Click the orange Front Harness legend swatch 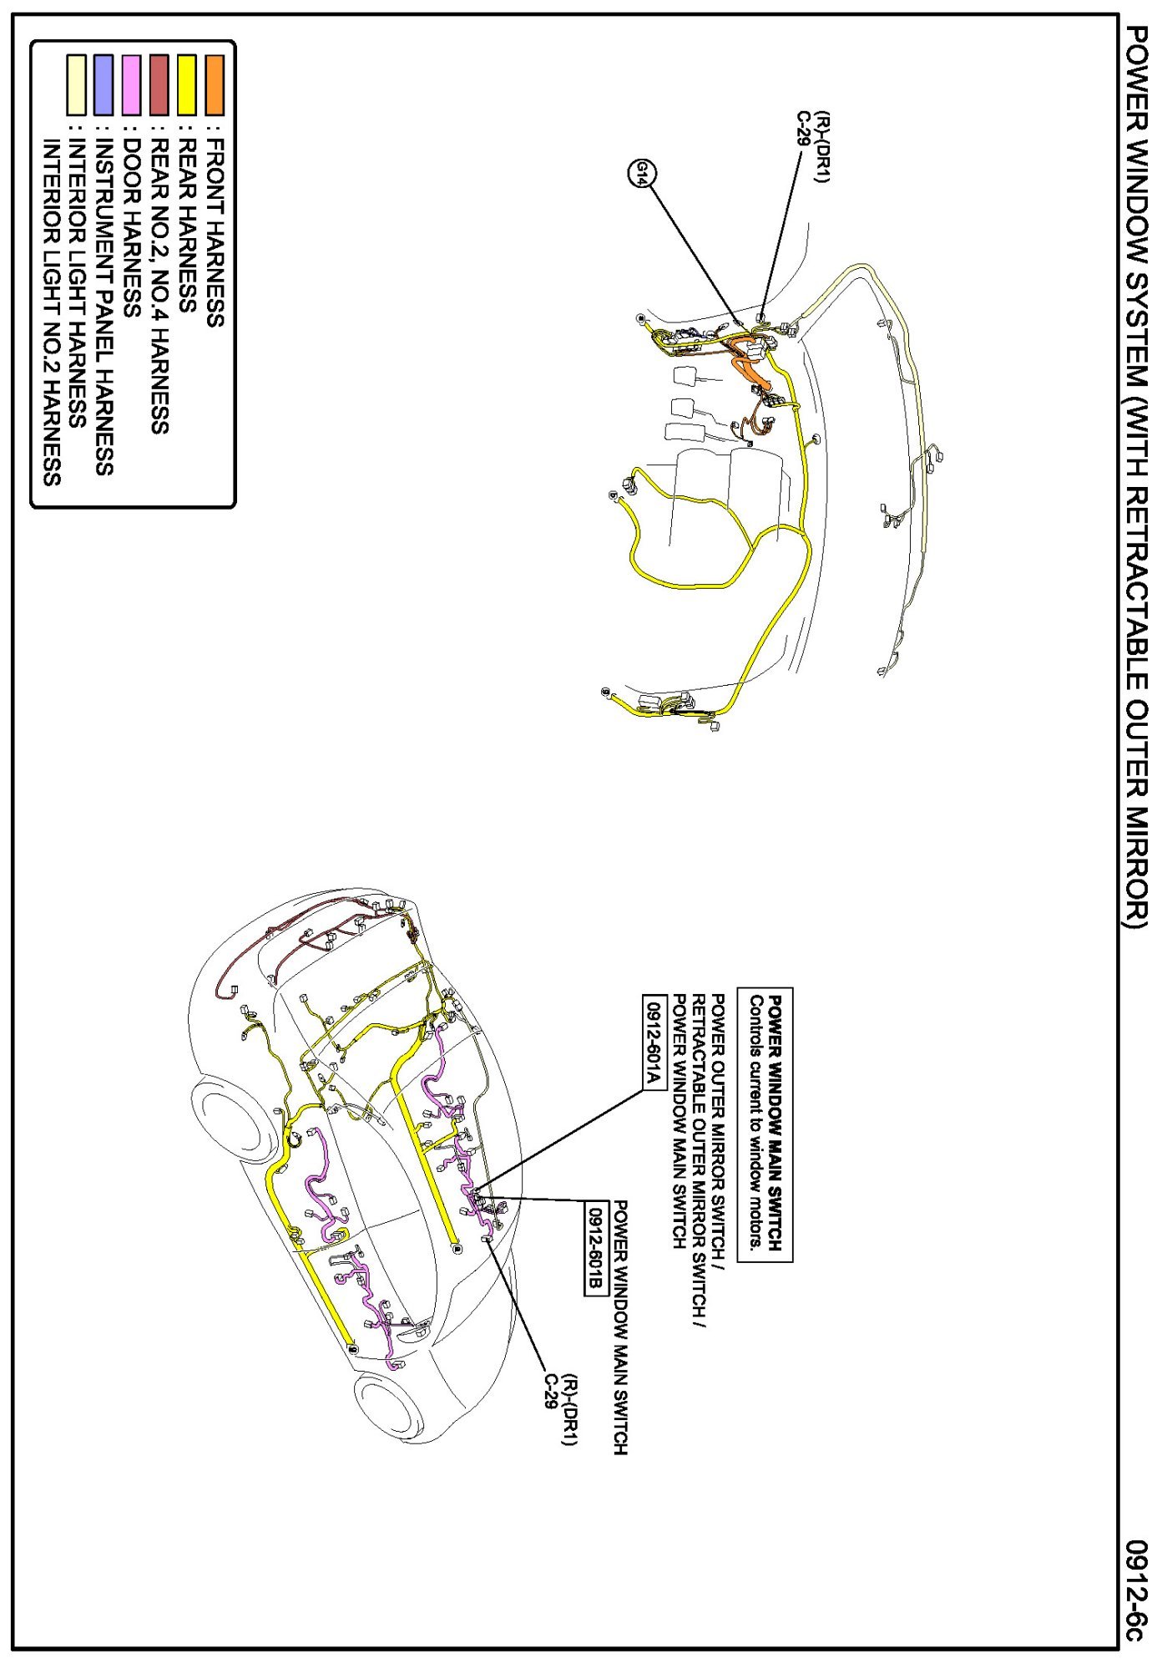(x=215, y=84)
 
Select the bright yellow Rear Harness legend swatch (x=187, y=84)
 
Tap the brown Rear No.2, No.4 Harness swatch (x=159, y=84)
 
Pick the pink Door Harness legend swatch (x=131, y=84)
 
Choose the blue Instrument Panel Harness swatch (x=104, y=84)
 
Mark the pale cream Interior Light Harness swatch (x=76, y=84)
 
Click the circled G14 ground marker (x=643, y=174)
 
